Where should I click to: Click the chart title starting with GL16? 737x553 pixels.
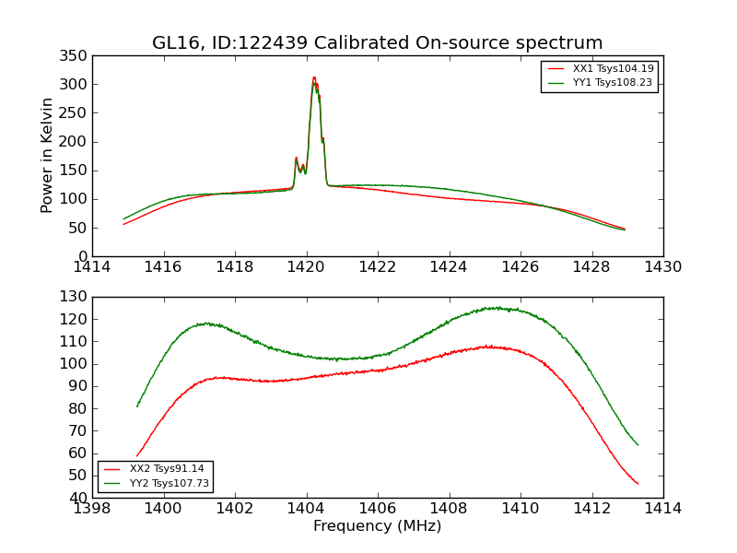click(377, 43)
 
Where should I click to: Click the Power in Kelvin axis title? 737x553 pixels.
click(48, 155)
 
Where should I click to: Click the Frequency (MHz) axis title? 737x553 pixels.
click(377, 526)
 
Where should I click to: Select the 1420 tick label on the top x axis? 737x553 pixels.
click(306, 267)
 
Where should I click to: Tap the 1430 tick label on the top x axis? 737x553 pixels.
click(662, 267)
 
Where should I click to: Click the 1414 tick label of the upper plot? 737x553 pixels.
click(93, 267)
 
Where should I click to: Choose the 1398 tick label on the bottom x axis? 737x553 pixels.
click(93, 508)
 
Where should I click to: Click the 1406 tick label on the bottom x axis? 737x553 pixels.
click(378, 508)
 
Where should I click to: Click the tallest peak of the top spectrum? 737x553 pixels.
click(314, 78)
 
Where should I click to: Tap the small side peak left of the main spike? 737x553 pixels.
click(296, 159)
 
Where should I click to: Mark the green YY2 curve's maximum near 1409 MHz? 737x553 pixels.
click(497, 308)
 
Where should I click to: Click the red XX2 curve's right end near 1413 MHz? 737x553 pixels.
click(638, 484)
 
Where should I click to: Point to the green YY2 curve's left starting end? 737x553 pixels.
click(137, 406)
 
